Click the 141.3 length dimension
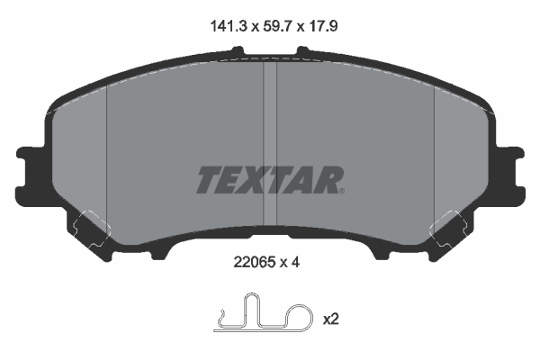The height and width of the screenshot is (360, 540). (x=229, y=26)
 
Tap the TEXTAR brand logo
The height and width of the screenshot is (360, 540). (x=270, y=180)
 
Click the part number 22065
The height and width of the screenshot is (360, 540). (x=255, y=263)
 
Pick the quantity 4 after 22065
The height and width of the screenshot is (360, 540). (x=295, y=263)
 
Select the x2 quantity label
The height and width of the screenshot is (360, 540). (x=331, y=319)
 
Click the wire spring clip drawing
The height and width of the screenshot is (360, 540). (x=264, y=313)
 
